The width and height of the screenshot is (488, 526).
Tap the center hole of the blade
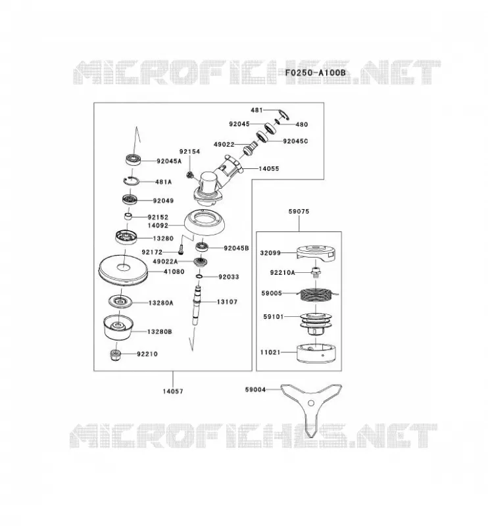[x=311, y=403]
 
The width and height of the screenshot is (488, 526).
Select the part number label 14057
[x=173, y=391]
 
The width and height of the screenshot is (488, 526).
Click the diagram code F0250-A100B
[x=315, y=72]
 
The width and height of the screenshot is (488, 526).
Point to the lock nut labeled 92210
[x=115, y=355]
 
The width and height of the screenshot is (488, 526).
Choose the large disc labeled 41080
[x=123, y=271]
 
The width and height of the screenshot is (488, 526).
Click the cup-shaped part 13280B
[x=118, y=327]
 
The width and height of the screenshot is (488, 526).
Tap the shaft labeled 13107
[x=197, y=304]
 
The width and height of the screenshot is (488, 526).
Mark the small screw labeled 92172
[x=181, y=249]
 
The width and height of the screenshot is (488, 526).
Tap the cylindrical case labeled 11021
[x=316, y=354]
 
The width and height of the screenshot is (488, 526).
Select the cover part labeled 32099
[x=316, y=252]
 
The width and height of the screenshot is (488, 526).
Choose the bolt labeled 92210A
[x=316, y=272]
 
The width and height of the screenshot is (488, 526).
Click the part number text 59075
[x=299, y=211]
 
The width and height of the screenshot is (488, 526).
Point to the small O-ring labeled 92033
[x=199, y=276]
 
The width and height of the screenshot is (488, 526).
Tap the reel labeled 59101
[x=314, y=323]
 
